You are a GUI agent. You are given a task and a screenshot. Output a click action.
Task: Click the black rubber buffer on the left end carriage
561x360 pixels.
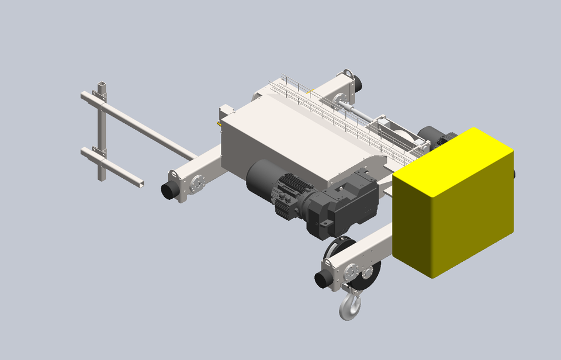[170, 190]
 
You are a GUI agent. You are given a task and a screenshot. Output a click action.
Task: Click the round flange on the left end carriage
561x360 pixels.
[196, 184]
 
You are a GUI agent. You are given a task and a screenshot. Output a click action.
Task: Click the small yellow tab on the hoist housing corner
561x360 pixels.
[219, 123]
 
